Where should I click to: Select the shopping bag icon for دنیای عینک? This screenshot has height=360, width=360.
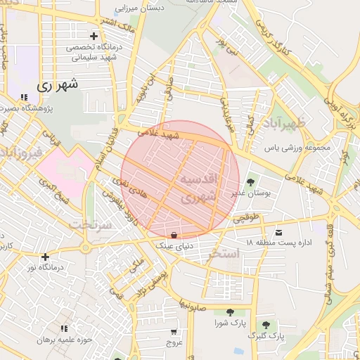coord(174,234)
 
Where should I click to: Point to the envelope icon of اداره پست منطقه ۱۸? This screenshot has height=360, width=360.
coord(280,232)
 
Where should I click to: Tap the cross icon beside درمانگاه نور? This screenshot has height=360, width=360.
coord(46,257)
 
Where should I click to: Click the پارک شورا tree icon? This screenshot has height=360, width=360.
coord(230,312)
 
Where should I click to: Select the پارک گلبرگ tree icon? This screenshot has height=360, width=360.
coord(266,325)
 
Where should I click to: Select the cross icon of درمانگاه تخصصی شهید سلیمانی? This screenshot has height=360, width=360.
coord(94,36)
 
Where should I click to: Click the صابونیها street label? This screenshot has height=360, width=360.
coord(193,307)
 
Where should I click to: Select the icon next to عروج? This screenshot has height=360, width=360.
coord(173,330)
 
